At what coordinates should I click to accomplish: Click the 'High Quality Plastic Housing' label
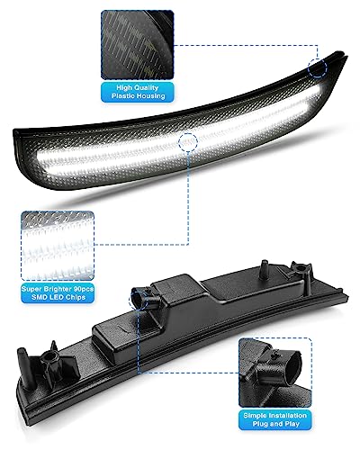tap(138, 92)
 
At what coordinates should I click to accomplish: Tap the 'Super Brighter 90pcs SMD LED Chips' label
tap(58, 293)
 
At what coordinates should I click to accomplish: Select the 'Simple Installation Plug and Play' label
tap(275, 419)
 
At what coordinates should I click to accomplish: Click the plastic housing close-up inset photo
tap(138, 45)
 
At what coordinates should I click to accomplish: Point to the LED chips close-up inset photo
tap(58, 246)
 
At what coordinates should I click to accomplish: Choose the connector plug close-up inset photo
tap(275, 373)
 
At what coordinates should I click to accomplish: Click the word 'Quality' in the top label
tap(146, 87)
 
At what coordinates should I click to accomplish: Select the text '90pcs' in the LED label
tap(83, 289)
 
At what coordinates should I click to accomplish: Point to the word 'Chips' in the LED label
tap(76, 297)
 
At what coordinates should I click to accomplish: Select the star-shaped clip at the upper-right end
tap(300, 269)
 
